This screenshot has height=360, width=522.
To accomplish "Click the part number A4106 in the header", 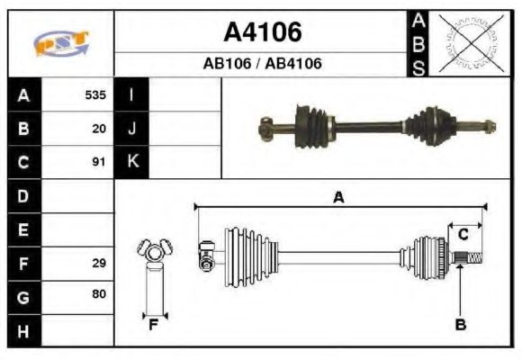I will (x=262, y=33).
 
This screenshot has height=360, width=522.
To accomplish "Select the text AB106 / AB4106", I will (x=262, y=64).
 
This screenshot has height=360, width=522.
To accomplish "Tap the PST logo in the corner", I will (x=61, y=43).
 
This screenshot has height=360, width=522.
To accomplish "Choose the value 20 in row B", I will (x=99, y=129).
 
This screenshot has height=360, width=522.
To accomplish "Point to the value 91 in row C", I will (x=99, y=162).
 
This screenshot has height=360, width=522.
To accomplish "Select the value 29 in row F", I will (x=99, y=263).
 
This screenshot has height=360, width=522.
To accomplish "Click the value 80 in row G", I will (x=99, y=295).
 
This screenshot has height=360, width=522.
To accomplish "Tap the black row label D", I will (x=23, y=195).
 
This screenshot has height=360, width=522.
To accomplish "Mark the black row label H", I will (x=23, y=330).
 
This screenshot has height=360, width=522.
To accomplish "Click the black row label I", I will (x=131, y=95).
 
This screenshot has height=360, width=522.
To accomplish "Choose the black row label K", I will (x=131, y=162).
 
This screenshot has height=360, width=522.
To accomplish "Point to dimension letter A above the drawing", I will (x=338, y=198).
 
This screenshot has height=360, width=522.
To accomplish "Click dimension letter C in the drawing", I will (x=462, y=236).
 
